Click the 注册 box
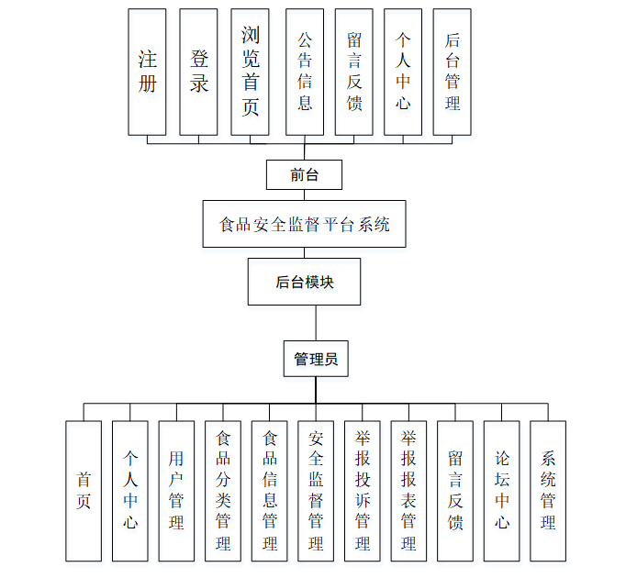[x=147, y=72]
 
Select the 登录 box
[x=198, y=72]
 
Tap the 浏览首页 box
[x=250, y=72]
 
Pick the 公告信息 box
[x=305, y=72]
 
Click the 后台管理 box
[x=452, y=72]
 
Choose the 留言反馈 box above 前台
[x=353, y=72]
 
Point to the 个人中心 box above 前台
[x=403, y=72]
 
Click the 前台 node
[x=304, y=174]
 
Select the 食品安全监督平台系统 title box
[x=304, y=224]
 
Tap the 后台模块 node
[x=304, y=282]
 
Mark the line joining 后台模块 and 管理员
[x=316, y=323]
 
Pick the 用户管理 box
[x=176, y=491]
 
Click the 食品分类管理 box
[x=223, y=491]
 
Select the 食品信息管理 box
[x=270, y=491]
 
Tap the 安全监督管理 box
[x=316, y=491]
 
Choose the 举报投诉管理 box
[x=363, y=491]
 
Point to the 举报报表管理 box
[x=408, y=491]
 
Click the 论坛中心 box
[x=502, y=491]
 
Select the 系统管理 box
[x=548, y=491]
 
